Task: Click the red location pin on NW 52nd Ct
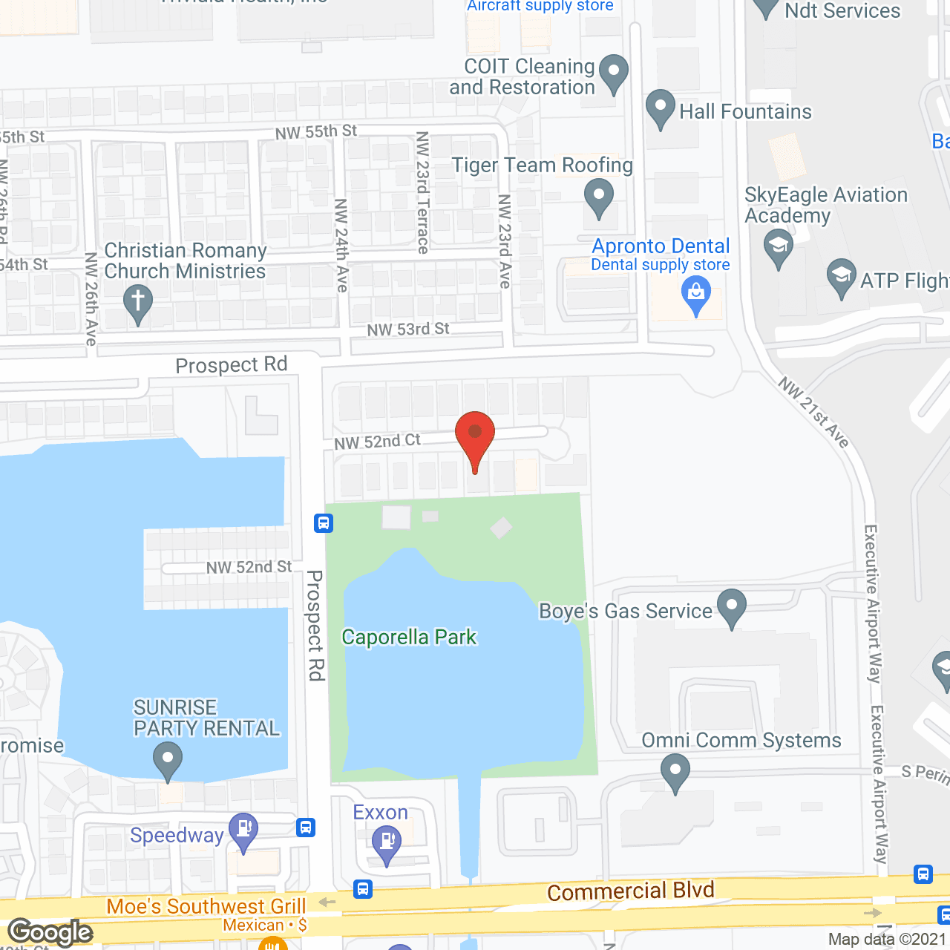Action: pyautogui.click(x=475, y=435)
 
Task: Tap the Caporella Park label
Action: pyautogui.click(x=409, y=638)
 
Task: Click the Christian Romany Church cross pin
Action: pyautogui.click(x=138, y=303)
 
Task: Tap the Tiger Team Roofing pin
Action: pyautogui.click(x=598, y=197)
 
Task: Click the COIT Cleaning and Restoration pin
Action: pyautogui.click(x=613, y=72)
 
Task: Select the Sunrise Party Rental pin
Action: pyautogui.click(x=168, y=760)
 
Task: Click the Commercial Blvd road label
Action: pyautogui.click(x=630, y=891)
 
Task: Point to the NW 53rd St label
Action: pyautogui.click(x=408, y=329)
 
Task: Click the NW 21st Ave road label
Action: pyautogui.click(x=813, y=412)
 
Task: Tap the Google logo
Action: pyautogui.click(x=50, y=932)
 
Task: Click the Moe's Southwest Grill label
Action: pyautogui.click(x=206, y=906)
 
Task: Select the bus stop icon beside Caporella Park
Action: pyautogui.click(x=323, y=523)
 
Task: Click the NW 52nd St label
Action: pyautogui.click(x=249, y=568)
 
